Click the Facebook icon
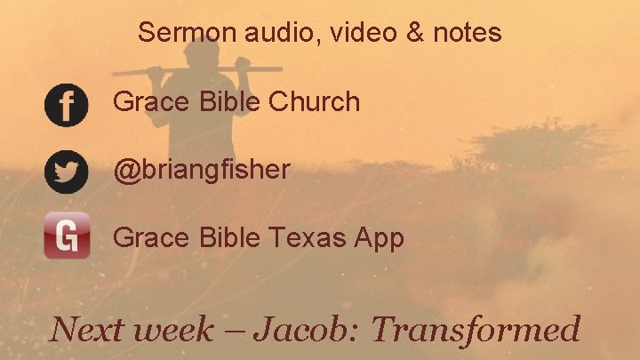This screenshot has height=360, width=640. pyautogui.click(x=66, y=105)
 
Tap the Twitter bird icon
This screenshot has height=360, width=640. pyautogui.click(x=66, y=172)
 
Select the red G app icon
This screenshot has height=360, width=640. pyautogui.click(x=67, y=236)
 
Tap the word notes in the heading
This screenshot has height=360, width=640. pyautogui.click(x=467, y=34)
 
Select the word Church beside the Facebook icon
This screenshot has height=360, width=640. pyautogui.click(x=314, y=102)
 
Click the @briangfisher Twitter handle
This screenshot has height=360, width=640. pyautogui.click(x=202, y=169)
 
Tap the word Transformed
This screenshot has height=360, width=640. pyautogui.click(x=476, y=329)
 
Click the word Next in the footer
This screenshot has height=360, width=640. pyautogui.click(x=84, y=329)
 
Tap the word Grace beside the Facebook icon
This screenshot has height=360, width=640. pyautogui.click(x=149, y=102)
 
